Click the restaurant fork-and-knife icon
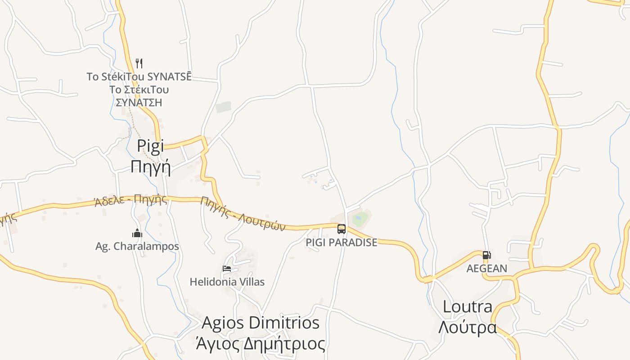pos(139,63)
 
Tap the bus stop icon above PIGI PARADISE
pos(342,229)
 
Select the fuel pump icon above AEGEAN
pos(486,255)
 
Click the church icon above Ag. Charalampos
pos(137,233)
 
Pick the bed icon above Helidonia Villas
pos(227,269)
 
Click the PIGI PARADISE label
pos(342,242)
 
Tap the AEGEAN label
pos(487,268)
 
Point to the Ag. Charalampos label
pos(137,246)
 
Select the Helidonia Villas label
pos(227,282)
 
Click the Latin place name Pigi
pos(150,146)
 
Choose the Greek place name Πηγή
pos(150,166)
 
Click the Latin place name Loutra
pos(468,307)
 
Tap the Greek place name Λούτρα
pos(468,327)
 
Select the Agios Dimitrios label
pos(261,323)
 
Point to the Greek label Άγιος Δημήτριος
pos(261,344)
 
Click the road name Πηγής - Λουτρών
pos(243,214)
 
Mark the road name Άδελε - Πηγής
pos(130,200)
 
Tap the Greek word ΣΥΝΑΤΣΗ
pos(139,103)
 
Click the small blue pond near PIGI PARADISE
pos(360,220)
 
